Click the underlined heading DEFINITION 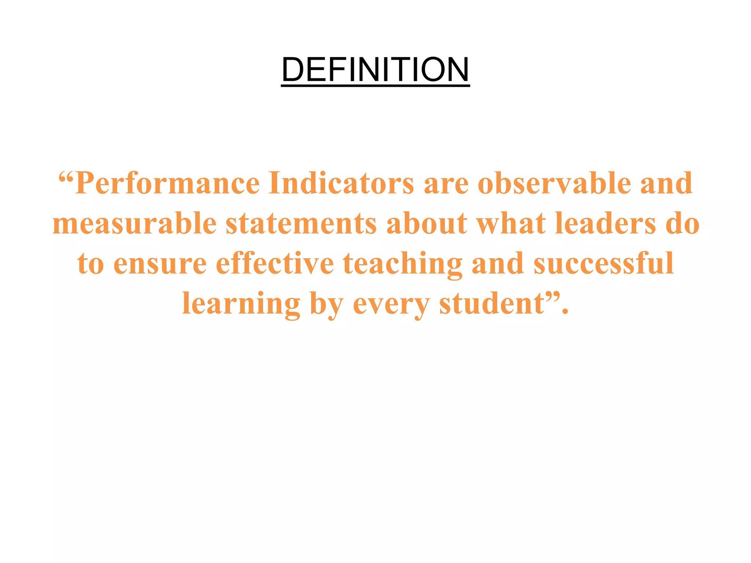(375, 70)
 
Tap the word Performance (168, 184)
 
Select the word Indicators (341, 183)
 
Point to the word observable (554, 183)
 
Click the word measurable (134, 223)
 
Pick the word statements (301, 223)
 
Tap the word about (427, 223)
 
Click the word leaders (605, 223)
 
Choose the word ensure (160, 264)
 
